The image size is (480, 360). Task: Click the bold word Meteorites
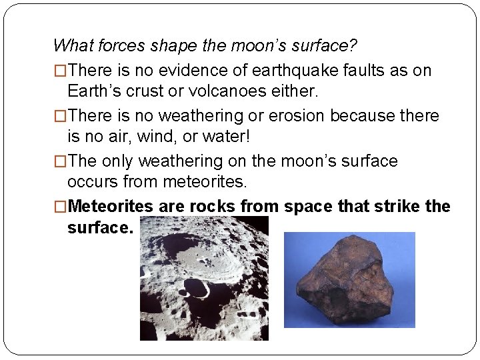[x=111, y=206]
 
